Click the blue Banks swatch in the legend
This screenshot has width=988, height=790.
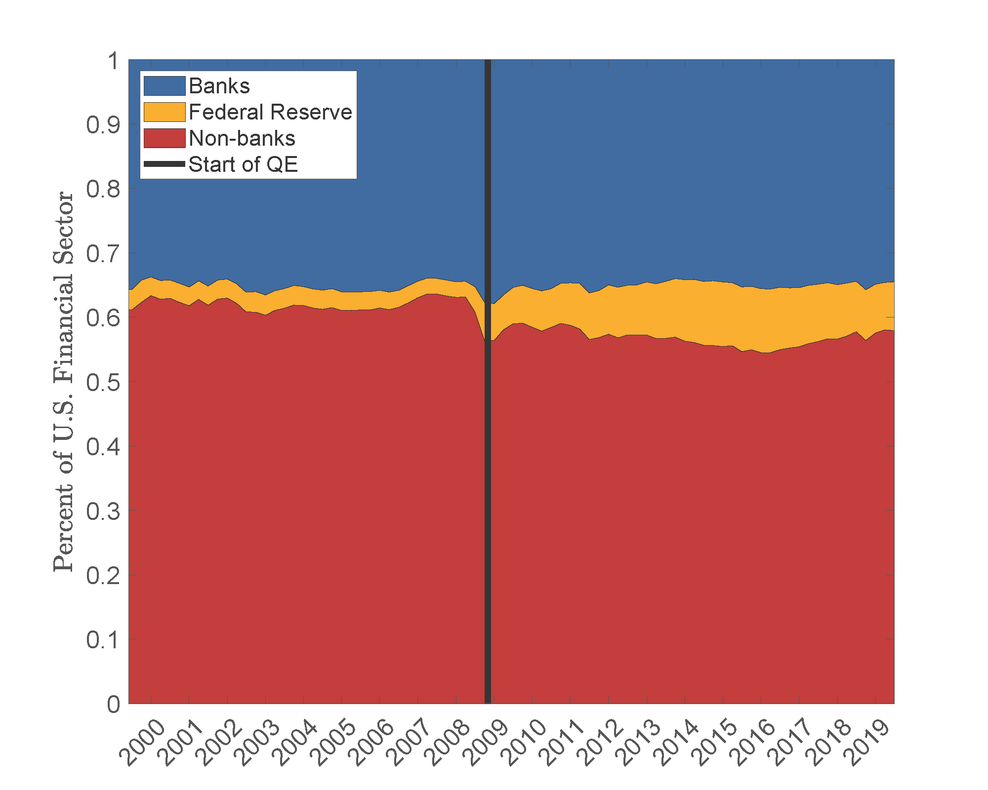pos(165,86)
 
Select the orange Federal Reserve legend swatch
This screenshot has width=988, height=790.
pos(165,112)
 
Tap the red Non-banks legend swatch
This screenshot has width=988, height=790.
pos(165,138)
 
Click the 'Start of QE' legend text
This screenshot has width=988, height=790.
pos(243,164)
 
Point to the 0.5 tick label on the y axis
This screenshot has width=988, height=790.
pos(103,382)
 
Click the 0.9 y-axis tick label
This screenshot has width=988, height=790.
pos(103,125)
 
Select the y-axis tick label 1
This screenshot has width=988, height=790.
pos(114,61)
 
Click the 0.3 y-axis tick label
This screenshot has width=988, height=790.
pos(103,511)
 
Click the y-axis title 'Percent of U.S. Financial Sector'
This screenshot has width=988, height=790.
pos(64,382)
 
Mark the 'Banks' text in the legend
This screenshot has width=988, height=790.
pos(219,86)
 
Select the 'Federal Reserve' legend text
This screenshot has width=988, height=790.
pos(270,112)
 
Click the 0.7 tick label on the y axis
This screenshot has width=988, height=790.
pos(103,254)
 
